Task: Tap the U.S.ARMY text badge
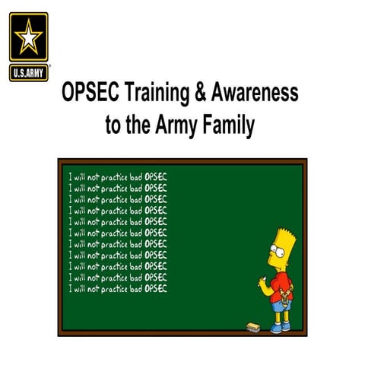(x=29, y=74)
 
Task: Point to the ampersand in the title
(x=203, y=95)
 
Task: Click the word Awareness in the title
(x=255, y=95)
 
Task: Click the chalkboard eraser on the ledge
(x=253, y=325)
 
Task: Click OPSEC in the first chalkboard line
(x=156, y=176)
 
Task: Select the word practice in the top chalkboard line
(x=116, y=176)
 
